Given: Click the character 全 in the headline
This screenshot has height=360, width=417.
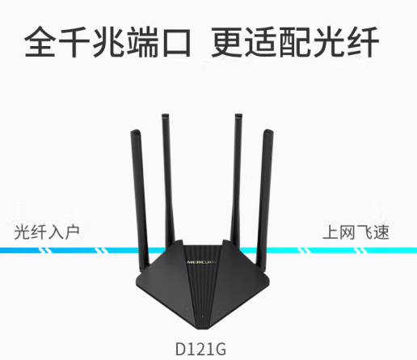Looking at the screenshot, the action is click(x=40, y=41).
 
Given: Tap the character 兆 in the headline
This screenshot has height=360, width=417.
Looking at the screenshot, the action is click(x=108, y=41).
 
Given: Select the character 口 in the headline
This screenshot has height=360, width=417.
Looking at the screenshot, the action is click(x=177, y=42).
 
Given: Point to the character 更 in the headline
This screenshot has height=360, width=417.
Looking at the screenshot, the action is click(x=227, y=42).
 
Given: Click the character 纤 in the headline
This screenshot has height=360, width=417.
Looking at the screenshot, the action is click(x=364, y=42).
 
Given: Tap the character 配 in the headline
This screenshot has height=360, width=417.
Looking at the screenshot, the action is click(x=296, y=42).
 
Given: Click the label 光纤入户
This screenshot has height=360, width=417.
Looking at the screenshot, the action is click(x=47, y=232).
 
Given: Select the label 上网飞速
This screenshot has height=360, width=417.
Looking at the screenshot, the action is click(x=356, y=232).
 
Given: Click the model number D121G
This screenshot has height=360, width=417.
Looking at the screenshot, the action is click(x=200, y=349).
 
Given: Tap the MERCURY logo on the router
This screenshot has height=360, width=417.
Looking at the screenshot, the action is click(x=202, y=262).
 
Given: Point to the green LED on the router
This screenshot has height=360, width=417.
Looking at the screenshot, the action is click(x=203, y=316).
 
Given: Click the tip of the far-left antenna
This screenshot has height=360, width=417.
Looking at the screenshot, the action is click(x=135, y=131).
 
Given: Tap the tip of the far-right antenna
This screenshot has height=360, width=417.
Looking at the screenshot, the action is click(x=268, y=130).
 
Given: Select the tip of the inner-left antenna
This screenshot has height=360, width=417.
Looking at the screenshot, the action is click(x=165, y=115).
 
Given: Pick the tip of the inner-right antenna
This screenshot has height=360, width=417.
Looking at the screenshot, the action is click(x=238, y=115).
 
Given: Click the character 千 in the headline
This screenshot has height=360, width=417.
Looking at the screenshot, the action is click(x=74, y=41).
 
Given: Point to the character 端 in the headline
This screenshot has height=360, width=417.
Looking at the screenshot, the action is click(x=143, y=41).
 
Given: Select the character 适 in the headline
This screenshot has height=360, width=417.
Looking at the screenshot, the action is click(x=262, y=42).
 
